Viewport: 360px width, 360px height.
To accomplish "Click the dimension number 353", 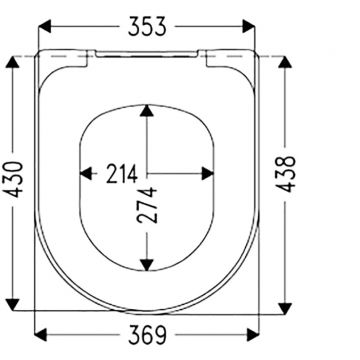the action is coord(147,26).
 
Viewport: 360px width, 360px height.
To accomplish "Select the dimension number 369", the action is coord(147,335).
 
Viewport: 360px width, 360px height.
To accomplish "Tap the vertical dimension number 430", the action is coord(15,179).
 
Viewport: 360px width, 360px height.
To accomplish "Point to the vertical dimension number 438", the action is coord(286,174).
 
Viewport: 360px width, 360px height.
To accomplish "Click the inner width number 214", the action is coord(122,174).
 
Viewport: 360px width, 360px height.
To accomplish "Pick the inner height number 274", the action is coord(147,205).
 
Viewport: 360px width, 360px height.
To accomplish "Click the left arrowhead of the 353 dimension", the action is coord(45,26).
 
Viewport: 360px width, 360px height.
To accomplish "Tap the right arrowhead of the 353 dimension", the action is coord(249,26).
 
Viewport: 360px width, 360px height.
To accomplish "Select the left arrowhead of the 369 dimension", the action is coord(41,335).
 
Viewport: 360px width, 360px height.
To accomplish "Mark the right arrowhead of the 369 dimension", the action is coord(253,335).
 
